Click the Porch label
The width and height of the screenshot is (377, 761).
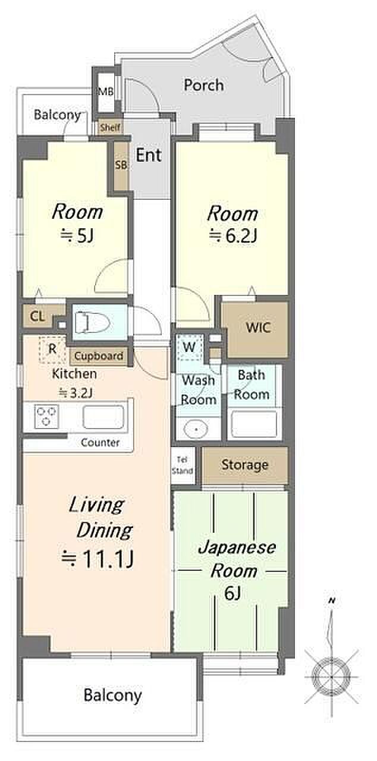coord(204,85)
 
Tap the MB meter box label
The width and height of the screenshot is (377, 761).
coord(106,92)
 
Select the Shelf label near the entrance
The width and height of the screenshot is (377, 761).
coord(110,128)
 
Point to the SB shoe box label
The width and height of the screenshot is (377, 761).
coord(121,165)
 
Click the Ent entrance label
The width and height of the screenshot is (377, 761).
coord(149,155)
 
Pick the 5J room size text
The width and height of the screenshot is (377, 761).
coord(77,235)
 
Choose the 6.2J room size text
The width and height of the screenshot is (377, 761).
coord(233,235)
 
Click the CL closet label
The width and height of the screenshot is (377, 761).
coord(37,317)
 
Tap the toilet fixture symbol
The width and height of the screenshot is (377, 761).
coord(92,322)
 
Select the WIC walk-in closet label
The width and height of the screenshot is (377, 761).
coord(259,328)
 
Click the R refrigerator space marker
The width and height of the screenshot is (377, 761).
coord(52,348)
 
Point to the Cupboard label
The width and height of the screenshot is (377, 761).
coord(99,356)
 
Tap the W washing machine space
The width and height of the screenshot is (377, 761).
coord(189,347)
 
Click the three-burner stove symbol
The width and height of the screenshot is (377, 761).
coord(46,416)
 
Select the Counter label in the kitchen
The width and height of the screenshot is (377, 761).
coord(100,442)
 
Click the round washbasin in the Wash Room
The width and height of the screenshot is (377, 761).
coord(196,429)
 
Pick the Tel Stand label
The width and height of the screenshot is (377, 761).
coord(183,465)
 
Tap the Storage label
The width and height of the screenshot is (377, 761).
coord(245,465)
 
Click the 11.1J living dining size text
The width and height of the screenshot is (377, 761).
coord(98,559)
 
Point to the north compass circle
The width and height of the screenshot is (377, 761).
coord(331,677)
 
